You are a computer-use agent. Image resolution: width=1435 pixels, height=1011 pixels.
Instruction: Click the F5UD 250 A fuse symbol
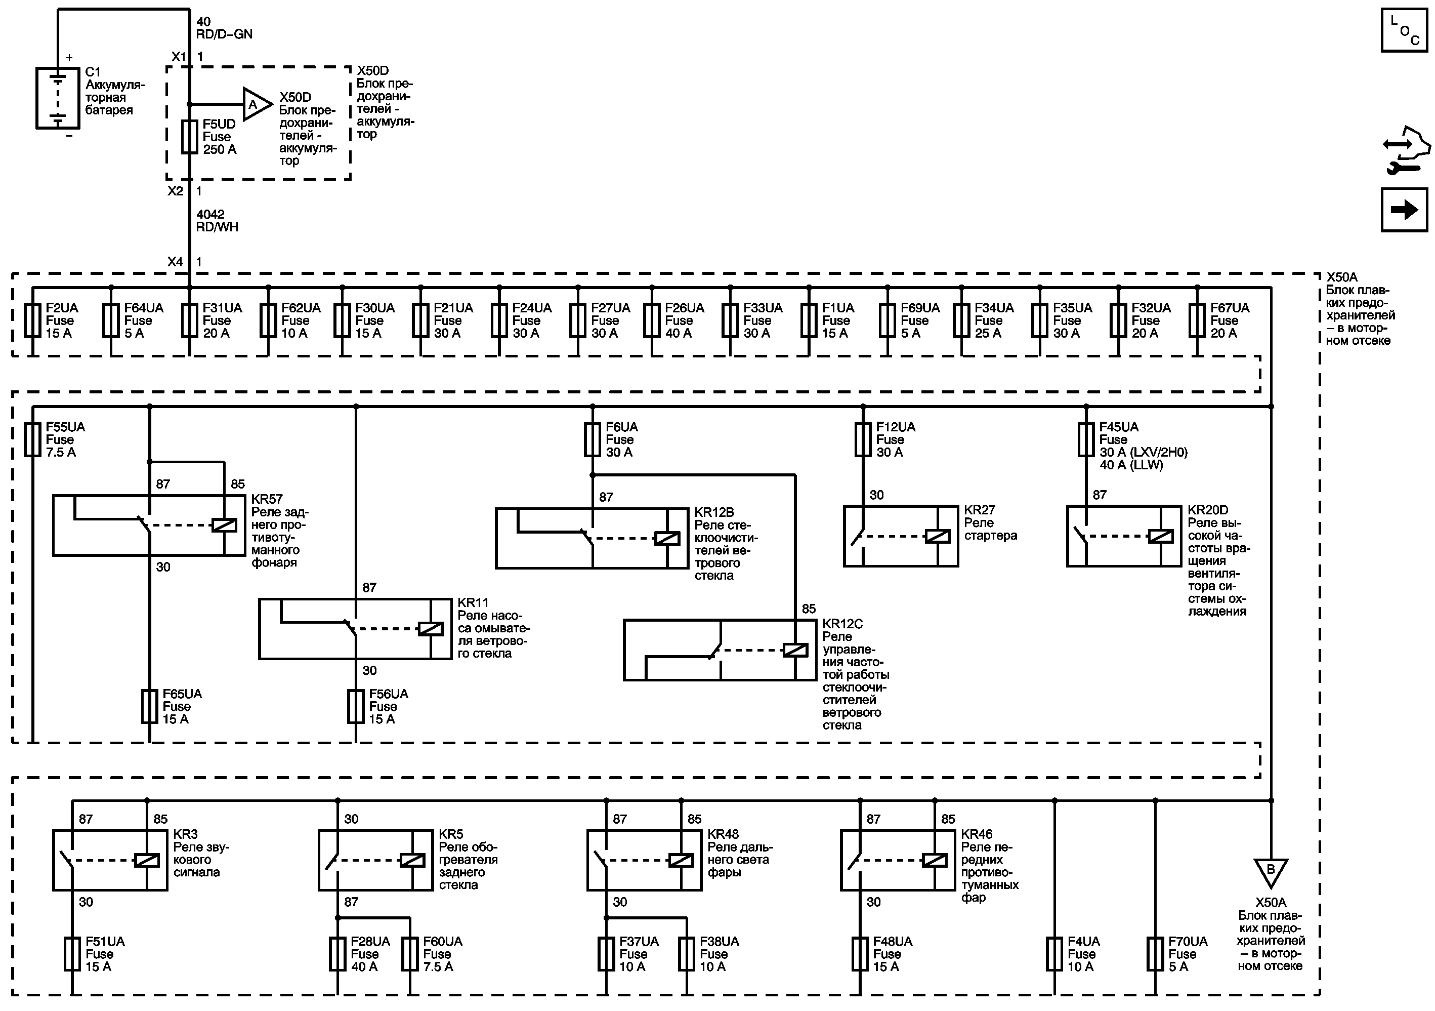(x=189, y=137)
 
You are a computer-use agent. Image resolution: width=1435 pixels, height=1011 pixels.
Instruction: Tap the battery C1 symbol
(x=58, y=98)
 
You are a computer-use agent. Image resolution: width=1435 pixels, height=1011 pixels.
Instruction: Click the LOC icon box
(x=1404, y=30)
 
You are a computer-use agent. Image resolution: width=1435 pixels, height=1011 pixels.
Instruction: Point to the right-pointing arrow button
(x=1404, y=210)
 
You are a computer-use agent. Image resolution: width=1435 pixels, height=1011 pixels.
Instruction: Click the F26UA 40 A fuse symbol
(x=652, y=321)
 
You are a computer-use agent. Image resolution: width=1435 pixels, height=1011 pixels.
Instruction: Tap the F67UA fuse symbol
(x=1197, y=321)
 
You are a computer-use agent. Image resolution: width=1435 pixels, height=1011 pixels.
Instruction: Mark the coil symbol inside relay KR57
(x=224, y=525)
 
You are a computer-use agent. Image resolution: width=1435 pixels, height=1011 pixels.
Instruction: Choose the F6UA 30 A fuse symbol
(x=592, y=439)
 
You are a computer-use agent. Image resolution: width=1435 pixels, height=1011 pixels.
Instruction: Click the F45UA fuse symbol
(x=1086, y=439)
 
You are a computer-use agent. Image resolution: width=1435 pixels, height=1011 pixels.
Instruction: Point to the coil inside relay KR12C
(x=795, y=650)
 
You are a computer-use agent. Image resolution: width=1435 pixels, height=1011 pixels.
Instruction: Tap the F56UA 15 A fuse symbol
(x=356, y=707)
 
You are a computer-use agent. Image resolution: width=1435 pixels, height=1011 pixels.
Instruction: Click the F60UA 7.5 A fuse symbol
(x=410, y=954)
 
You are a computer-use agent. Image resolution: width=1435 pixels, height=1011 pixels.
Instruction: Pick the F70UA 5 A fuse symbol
(x=1155, y=954)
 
